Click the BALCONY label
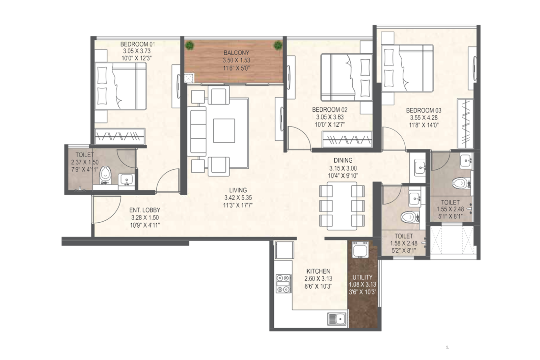pyautogui.click(x=236, y=53)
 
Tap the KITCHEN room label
pyautogui.click(x=318, y=271)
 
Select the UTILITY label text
pyautogui.click(x=362, y=277)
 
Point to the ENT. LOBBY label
pyautogui.click(x=145, y=210)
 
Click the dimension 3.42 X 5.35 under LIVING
pyautogui.click(x=238, y=198)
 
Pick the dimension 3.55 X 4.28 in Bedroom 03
pyautogui.click(x=424, y=118)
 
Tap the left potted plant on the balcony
pyautogui.click(x=190, y=45)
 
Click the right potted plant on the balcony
pyautogui.click(x=278, y=45)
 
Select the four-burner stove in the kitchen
pyautogui.click(x=283, y=284)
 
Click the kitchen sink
pyautogui.click(x=337, y=319)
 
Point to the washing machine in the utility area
pyautogui.click(x=360, y=249)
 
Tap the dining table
pyautogui.click(x=342, y=206)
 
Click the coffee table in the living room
pyautogui.click(x=224, y=131)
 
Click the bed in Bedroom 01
pyautogui.click(x=120, y=86)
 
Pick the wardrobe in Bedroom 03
pyautogui.click(x=465, y=123)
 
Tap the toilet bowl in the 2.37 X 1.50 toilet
pyautogui.click(x=105, y=174)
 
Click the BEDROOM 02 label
pyautogui.click(x=329, y=110)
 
